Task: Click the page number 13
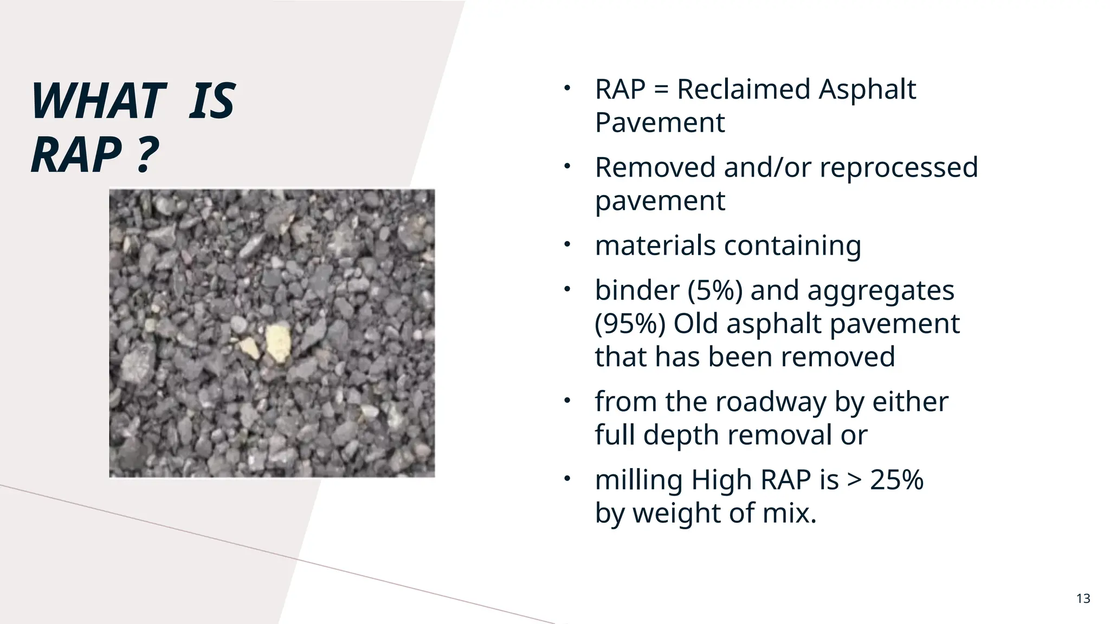(1083, 599)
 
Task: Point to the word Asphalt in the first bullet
(867, 89)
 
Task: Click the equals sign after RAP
(661, 90)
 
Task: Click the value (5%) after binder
(715, 290)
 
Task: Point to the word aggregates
(880, 291)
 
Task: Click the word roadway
(771, 402)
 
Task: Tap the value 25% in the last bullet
(896, 480)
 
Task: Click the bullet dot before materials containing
(567, 245)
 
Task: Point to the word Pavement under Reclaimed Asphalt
(660, 123)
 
